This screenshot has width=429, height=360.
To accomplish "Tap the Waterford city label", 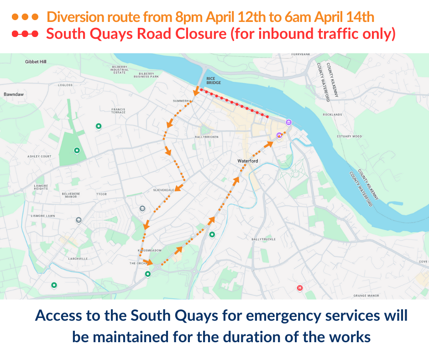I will [x=248, y=161].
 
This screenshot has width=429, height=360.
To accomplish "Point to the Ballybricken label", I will [x=207, y=137].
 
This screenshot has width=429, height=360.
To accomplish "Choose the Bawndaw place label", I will [x=13, y=94].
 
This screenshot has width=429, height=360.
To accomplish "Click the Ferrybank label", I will [x=300, y=55].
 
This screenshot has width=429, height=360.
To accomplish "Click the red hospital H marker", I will [x=300, y=288].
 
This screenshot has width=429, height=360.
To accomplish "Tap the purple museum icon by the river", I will [x=288, y=122].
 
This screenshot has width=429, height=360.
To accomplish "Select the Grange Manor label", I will [x=366, y=296].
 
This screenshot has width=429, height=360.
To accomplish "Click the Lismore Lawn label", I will [x=41, y=215].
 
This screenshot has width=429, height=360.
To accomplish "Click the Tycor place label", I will [x=101, y=194].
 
